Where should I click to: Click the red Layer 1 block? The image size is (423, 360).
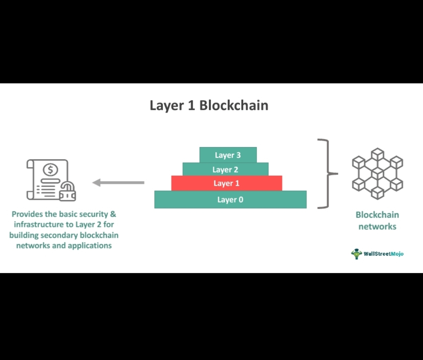pyautogui.click(x=226, y=183)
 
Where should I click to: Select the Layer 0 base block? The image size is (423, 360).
pyautogui.click(x=230, y=200)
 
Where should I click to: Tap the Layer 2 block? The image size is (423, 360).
pyautogui.click(x=225, y=169)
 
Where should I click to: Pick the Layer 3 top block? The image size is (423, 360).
pyautogui.click(x=228, y=155)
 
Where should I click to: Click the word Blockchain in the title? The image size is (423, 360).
pyautogui.click(x=234, y=106)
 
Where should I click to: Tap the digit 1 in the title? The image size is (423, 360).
pyautogui.click(x=191, y=106)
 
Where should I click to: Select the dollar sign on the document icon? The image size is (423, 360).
pyautogui.click(x=51, y=170)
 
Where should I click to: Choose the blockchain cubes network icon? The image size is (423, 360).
pyautogui.click(x=377, y=173)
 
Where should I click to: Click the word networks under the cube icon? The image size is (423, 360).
pyautogui.click(x=377, y=227)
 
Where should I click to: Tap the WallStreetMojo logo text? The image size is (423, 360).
pyautogui.click(x=383, y=254)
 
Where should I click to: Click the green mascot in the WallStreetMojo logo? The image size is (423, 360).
pyautogui.click(x=356, y=254)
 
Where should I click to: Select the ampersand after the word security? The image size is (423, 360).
pyautogui.click(x=113, y=214)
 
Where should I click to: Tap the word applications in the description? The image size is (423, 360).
pyautogui.click(x=90, y=246)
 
